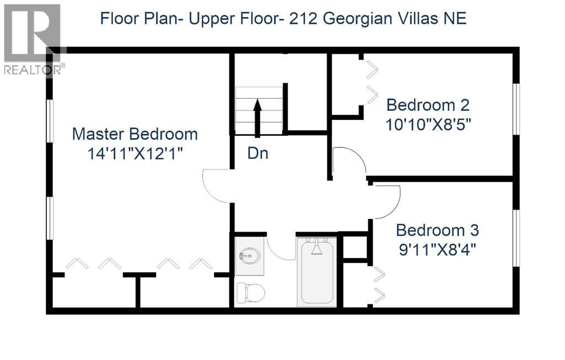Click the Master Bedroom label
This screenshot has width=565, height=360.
135,134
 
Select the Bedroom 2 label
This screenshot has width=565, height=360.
428,104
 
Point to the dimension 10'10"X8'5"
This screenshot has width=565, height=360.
428,124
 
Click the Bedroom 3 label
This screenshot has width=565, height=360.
437,230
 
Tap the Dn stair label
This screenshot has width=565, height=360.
258,153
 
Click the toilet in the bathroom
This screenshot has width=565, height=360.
249,292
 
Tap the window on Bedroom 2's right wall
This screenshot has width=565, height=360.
516,108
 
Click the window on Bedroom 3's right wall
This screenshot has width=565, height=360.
516,237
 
